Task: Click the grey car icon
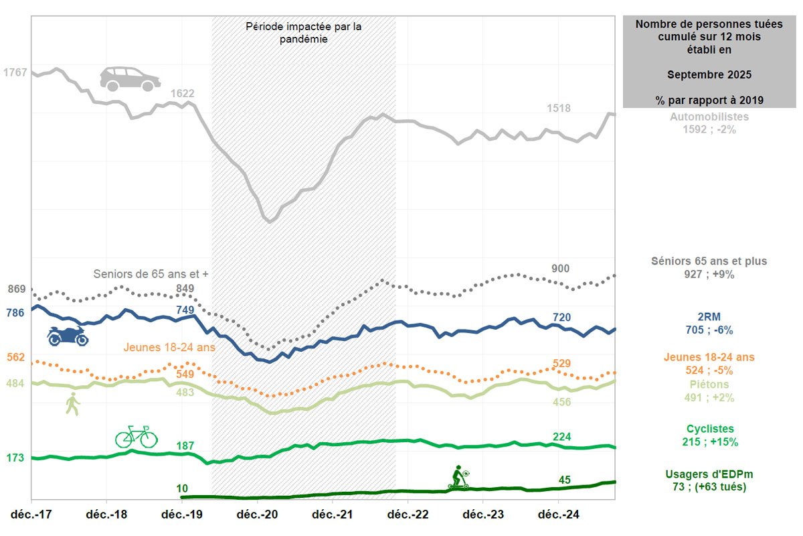click(x=130, y=78)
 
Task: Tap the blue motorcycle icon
click(x=68, y=336)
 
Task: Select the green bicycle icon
click(x=136, y=436)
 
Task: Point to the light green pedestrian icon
click(x=72, y=405)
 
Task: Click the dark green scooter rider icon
click(x=458, y=477)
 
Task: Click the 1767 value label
click(x=15, y=72)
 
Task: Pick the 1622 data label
click(x=183, y=94)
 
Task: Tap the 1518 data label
click(x=559, y=108)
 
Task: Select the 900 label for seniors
click(x=560, y=269)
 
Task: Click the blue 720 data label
click(x=561, y=317)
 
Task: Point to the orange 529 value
click(x=562, y=363)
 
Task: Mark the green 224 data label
click(x=562, y=437)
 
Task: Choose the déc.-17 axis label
click(x=31, y=515)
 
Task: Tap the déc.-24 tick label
click(x=559, y=515)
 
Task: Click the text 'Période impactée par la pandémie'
click(x=304, y=33)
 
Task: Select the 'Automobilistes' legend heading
click(x=709, y=117)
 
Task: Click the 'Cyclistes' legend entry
click(x=710, y=429)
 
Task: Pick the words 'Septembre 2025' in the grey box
click(x=709, y=74)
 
